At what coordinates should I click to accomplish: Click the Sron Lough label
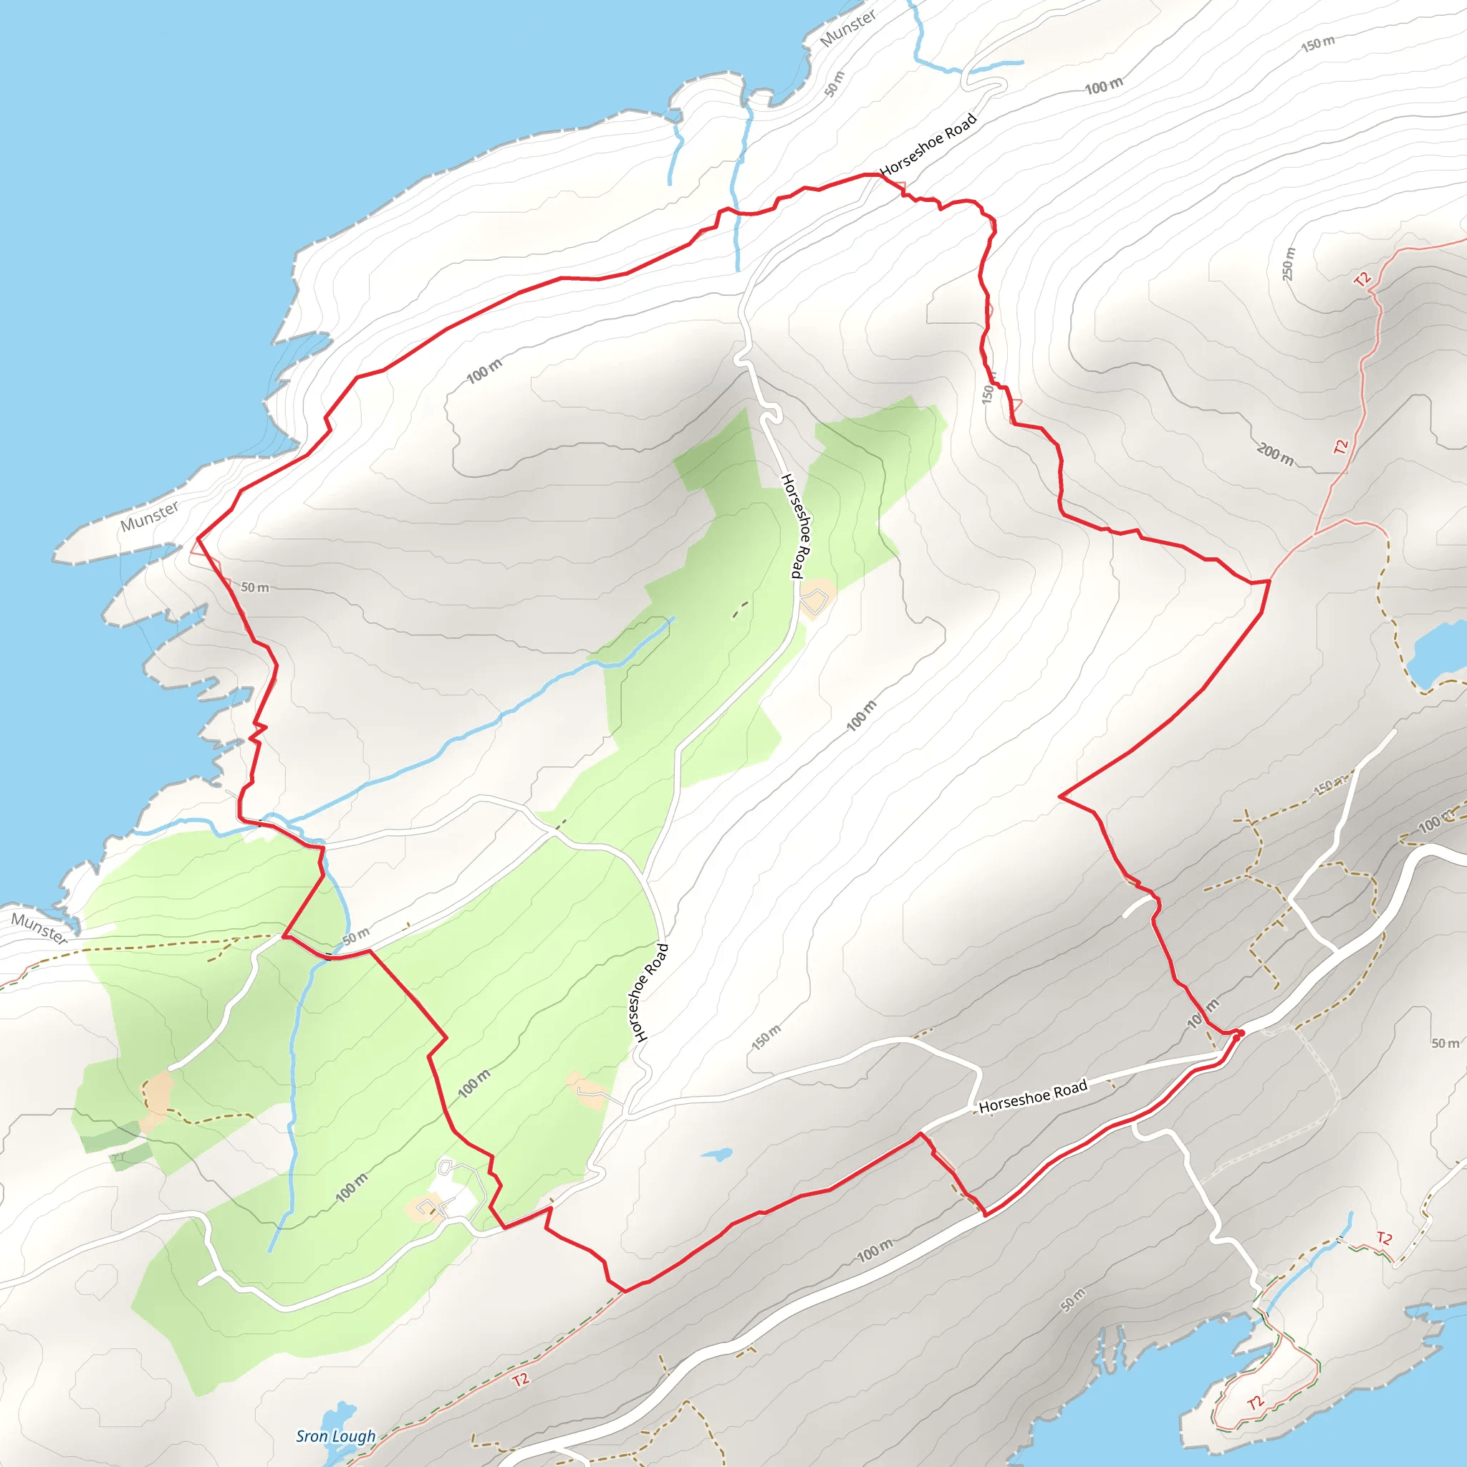(336, 1436)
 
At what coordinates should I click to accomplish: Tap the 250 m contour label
(1289, 264)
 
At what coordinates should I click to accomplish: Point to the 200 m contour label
(1275, 454)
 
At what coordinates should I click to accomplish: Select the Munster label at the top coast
(848, 28)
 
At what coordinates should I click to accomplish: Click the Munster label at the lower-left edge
(39, 928)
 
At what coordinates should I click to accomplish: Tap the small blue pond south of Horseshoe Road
(716, 1154)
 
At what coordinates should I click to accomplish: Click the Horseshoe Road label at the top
(928, 144)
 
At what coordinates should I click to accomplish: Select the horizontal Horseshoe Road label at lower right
(1033, 1097)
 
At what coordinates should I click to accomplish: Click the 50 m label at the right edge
(1445, 1043)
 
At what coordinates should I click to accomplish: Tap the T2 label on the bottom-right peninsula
(1256, 1403)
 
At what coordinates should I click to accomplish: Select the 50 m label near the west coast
(254, 587)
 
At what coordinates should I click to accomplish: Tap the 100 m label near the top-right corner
(1103, 86)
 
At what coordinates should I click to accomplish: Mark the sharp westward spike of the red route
(1062, 796)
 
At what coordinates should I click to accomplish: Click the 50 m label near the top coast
(834, 84)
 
